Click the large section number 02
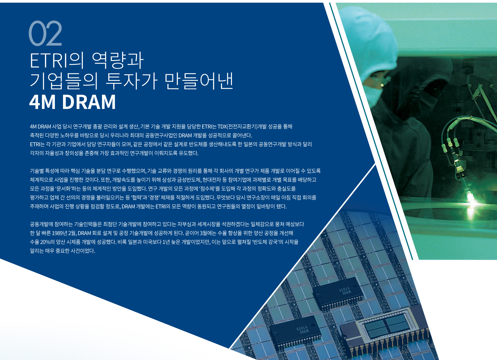click(x=45, y=33)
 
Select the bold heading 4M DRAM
click(x=72, y=102)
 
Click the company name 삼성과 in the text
click(x=169, y=180)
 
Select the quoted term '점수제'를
click(x=209, y=189)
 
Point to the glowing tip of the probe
click(x=470, y=198)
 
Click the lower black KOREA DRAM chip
click(x=296, y=331)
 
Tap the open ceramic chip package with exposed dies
click(x=386, y=329)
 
